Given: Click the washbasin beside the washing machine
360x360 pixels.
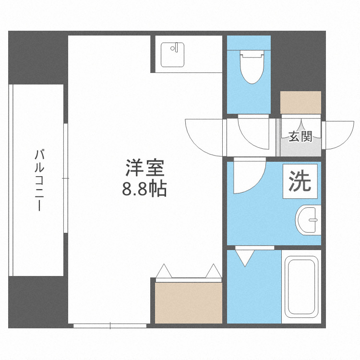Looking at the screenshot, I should pyautogui.click(x=308, y=220).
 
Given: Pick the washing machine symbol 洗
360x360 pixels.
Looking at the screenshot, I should pyautogui.click(x=300, y=181).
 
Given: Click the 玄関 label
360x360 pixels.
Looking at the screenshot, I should pyautogui.click(x=300, y=137).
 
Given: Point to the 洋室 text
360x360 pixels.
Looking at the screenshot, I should pyautogui.click(x=145, y=169).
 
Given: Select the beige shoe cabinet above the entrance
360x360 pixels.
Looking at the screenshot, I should pyautogui.click(x=300, y=102).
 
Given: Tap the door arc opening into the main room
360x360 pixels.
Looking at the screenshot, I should pyautogui.click(x=204, y=136).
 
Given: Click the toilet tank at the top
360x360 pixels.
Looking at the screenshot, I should pyautogui.click(x=253, y=54).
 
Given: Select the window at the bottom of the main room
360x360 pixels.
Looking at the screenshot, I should pyautogui.click(x=110, y=325).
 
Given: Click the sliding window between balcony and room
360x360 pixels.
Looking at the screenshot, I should pyautogui.click(x=65, y=179).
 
